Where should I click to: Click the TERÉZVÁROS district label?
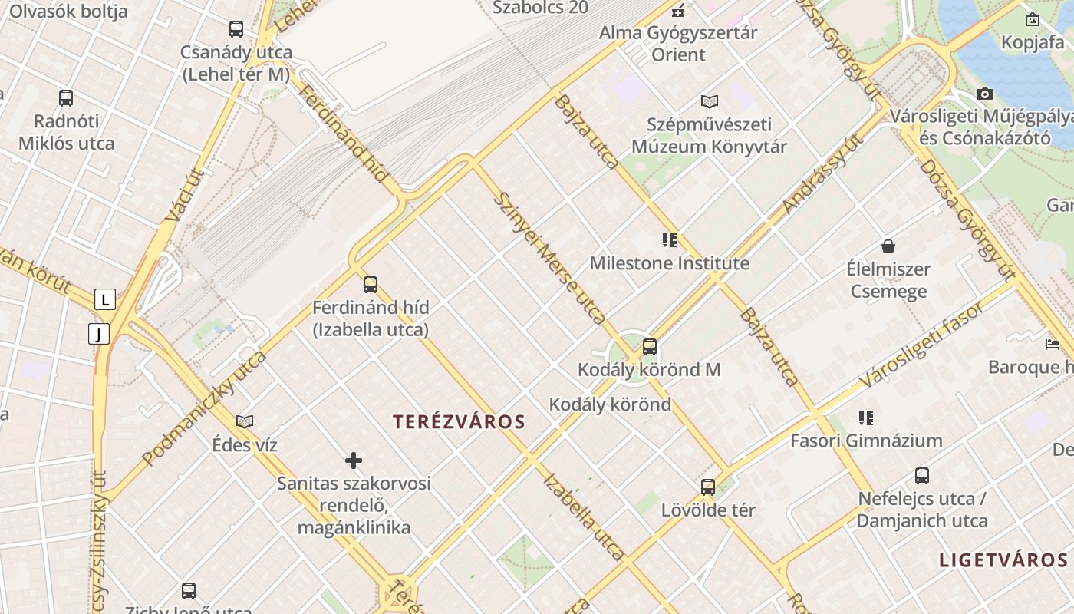point(459,421)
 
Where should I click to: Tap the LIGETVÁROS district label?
point(1003,560)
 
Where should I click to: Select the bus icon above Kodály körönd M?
point(650,347)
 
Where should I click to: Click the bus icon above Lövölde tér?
point(708,487)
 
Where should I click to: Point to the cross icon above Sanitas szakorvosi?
point(354,460)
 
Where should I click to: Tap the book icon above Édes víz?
point(245,421)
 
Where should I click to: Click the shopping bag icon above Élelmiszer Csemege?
point(888,246)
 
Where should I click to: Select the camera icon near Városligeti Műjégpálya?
point(985,94)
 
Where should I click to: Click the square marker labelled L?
point(105,299)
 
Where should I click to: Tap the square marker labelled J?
point(99,334)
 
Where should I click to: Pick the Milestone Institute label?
point(669,263)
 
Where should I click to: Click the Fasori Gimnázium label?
point(866,441)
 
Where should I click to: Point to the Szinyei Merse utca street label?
point(549,257)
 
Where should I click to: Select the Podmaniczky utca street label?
point(204,408)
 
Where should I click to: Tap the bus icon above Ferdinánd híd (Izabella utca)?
point(371,285)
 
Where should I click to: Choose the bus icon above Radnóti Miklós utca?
point(66,98)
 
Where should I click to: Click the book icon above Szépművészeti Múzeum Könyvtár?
point(710,101)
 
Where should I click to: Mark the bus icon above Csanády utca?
point(236,29)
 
